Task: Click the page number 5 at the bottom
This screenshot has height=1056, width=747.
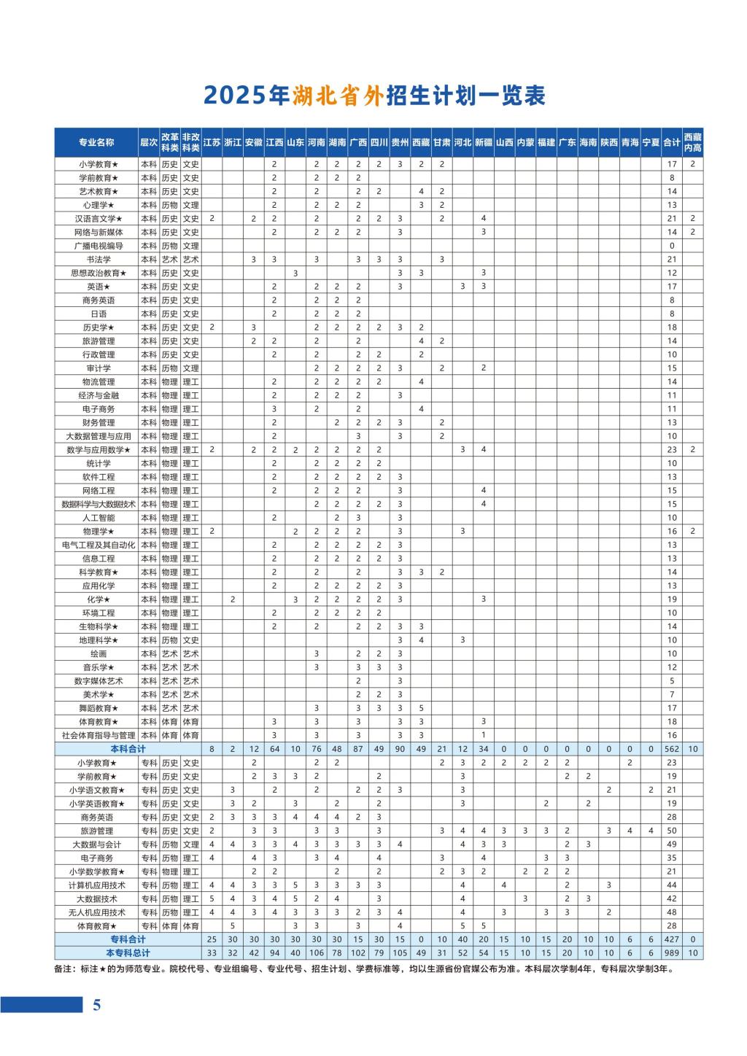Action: tap(96, 1005)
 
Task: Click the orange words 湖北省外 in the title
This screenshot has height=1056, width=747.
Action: tap(338, 96)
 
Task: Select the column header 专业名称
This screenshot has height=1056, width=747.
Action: tap(97, 142)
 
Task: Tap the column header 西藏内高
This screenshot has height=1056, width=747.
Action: tap(693, 142)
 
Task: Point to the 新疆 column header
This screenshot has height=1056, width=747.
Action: tap(484, 142)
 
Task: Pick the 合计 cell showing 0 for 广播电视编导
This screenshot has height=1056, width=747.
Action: tap(672, 246)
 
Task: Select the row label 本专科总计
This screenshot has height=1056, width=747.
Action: tap(128, 953)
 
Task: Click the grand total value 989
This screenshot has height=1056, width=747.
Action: tap(672, 953)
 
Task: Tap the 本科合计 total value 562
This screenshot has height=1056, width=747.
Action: tap(672, 749)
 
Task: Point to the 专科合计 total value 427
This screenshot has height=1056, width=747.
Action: tap(672, 939)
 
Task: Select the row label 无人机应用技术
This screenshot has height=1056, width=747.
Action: tap(97, 912)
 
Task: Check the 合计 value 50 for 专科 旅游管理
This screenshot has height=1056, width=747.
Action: tap(672, 831)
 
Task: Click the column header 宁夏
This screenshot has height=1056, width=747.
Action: tap(651, 142)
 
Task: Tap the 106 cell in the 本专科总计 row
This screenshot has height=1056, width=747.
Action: tap(317, 953)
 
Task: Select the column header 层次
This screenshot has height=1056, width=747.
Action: tap(149, 142)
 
